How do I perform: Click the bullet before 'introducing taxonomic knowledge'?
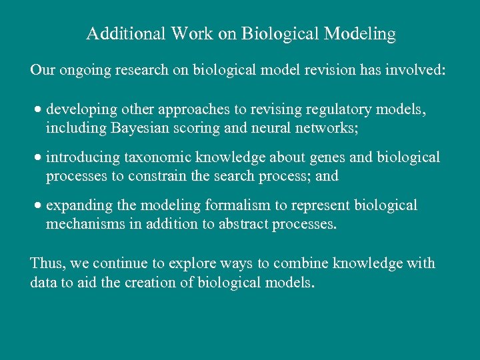click(39, 158)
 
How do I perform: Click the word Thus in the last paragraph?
click(45, 263)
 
